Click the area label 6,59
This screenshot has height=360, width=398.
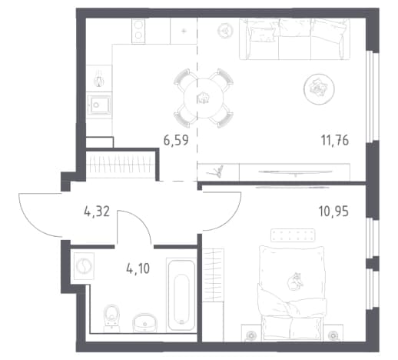(x=176, y=140)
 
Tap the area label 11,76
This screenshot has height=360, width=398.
(x=335, y=140)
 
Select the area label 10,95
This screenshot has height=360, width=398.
(x=333, y=212)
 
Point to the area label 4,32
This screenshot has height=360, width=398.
(x=97, y=212)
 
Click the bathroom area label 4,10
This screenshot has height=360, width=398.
(x=138, y=268)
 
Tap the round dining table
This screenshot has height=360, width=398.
(x=204, y=98)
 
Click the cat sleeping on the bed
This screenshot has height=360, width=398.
(x=295, y=282)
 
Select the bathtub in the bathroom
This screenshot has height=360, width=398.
(x=181, y=295)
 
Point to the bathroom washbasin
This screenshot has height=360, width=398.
(x=144, y=322)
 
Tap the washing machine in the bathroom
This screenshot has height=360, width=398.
(x=84, y=266)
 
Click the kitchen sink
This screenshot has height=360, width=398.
(x=99, y=105)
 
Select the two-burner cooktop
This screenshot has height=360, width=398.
(x=138, y=31)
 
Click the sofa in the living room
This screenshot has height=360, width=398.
(x=294, y=39)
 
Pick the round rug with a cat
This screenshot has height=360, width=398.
(x=319, y=89)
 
